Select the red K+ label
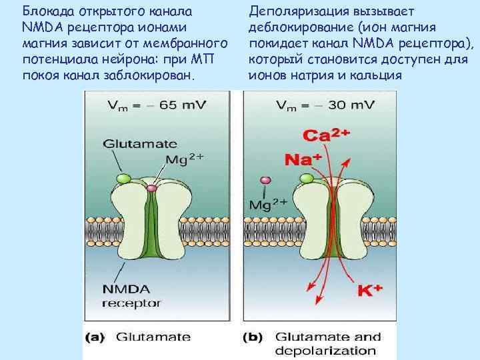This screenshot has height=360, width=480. (371, 291)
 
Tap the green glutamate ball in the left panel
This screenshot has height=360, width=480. (123, 179)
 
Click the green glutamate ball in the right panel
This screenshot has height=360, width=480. (307, 178)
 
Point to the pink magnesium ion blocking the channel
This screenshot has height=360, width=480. (152, 189)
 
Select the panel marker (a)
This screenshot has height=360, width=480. (94, 337)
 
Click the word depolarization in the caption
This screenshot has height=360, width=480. (326, 351)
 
